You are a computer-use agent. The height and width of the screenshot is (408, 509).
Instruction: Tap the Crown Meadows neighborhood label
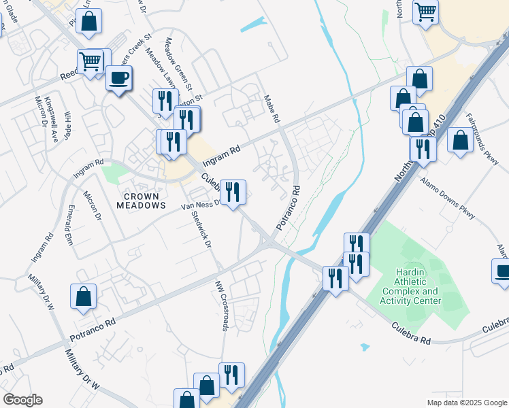click(142, 201)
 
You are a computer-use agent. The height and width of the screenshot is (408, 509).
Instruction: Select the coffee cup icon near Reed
click(119, 79)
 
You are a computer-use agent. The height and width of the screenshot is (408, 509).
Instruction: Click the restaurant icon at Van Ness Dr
click(233, 193)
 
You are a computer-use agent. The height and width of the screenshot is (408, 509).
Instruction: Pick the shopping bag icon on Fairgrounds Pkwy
click(461, 141)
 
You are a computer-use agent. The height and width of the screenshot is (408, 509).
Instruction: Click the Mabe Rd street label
click(272, 108)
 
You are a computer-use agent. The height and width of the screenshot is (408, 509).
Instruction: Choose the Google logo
click(22, 400)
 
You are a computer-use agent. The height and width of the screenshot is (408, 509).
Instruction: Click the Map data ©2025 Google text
click(467, 403)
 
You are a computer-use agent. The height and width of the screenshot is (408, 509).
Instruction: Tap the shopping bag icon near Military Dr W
click(83, 297)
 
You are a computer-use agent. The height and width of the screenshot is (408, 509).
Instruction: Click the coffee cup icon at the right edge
click(502, 273)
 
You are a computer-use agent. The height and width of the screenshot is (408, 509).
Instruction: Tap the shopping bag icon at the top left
click(89, 22)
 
